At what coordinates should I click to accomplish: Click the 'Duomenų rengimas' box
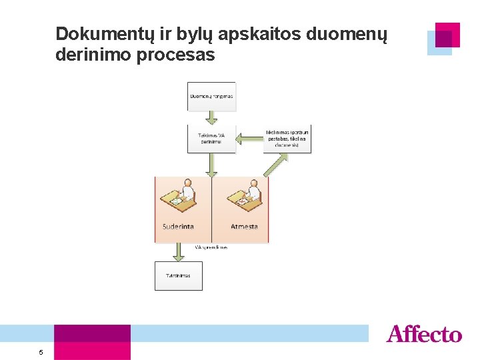(x=211, y=96)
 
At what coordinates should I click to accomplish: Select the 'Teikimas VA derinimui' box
(x=211, y=139)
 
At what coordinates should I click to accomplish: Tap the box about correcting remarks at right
(x=287, y=139)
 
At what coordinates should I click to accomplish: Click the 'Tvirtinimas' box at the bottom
(x=178, y=275)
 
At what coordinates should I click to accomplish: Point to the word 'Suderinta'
(x=178, y=227)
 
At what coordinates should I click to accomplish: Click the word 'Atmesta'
(x=244, y=227)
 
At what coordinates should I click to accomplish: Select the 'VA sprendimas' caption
(x=211, y=247)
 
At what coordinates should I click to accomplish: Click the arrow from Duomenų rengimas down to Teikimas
(x=211, y=117)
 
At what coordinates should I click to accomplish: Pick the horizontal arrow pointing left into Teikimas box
(x=249, y=139)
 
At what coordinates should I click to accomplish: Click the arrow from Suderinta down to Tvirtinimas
(x=178, y=252)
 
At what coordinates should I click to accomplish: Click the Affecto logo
(x=423, y=333)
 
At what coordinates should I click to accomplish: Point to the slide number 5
(x=41, y=352)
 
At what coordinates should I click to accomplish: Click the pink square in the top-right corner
(x=447, y=34)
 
